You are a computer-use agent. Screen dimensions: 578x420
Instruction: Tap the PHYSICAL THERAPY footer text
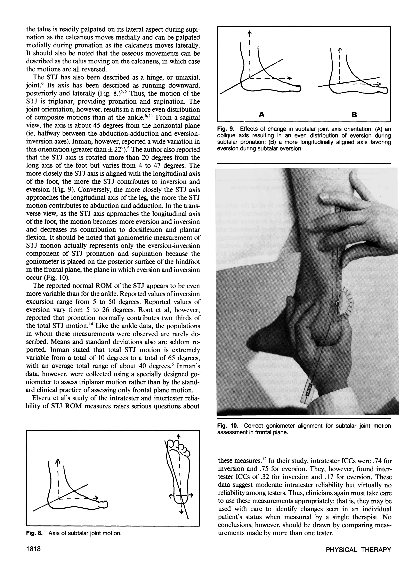point(358,556)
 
